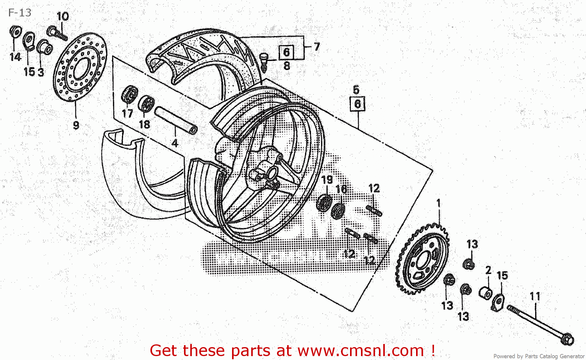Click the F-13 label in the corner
click(x=20, y=13)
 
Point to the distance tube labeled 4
click(x=176, y=120)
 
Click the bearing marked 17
click(x=129, y=94)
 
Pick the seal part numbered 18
click(x=146, y=104)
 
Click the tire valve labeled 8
click(x=264, y=61)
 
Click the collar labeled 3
click(x=44, y=48)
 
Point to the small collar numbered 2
click(x=486, y=292)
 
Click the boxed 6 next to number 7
click(x=286, y=52)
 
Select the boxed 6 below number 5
click(x=357, y=104)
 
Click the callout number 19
click(x=327, y=179)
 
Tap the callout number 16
click(x=341, y=189)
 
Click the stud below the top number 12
click(x=374, y=210)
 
